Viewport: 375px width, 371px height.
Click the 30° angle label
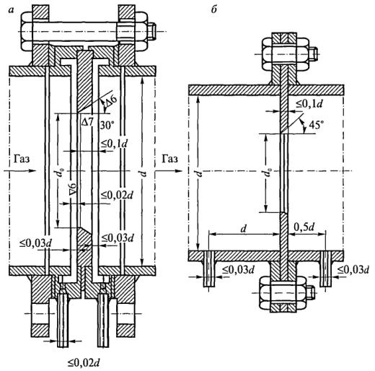(107, 125)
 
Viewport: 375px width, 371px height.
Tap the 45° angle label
(316, 125)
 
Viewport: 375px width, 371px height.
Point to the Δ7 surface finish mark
(87, 122)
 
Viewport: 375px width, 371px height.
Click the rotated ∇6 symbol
(73, 190)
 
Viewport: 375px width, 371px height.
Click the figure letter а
(11, 10)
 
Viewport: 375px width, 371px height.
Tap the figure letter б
(213, 9)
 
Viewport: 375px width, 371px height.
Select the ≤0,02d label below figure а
(84, 362)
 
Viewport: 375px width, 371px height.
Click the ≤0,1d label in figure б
(309, 104)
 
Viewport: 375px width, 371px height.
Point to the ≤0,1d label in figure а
(114, 144)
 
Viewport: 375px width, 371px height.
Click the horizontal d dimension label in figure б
(244, 228)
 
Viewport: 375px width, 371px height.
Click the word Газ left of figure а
(22, 159)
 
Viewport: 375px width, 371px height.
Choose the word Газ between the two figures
(169, 159)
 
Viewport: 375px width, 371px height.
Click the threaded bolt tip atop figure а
(151, 32)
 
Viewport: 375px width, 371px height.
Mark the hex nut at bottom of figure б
(282, 293)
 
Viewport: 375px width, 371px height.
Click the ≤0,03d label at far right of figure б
(353, 270)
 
